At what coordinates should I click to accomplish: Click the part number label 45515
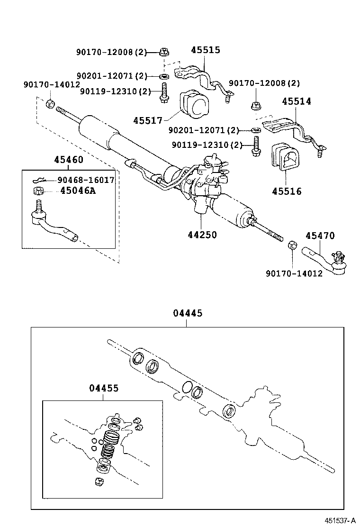point(206,50)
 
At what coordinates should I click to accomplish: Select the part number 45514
point(297,101)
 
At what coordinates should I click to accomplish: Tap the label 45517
point(148,121)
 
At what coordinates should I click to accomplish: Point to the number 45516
point(287,191)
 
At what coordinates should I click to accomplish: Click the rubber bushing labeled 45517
point(195,104)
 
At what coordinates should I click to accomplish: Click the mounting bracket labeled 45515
point(201,78)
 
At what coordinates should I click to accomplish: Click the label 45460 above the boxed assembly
point(69,160)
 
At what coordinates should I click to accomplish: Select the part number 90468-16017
point(86,180)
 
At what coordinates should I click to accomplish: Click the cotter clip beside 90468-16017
point(40,180)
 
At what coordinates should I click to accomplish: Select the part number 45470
point(320,236)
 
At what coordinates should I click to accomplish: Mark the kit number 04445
point(187,313)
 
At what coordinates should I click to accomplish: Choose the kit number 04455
point(103,388)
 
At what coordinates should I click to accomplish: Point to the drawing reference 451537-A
point(340,520)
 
